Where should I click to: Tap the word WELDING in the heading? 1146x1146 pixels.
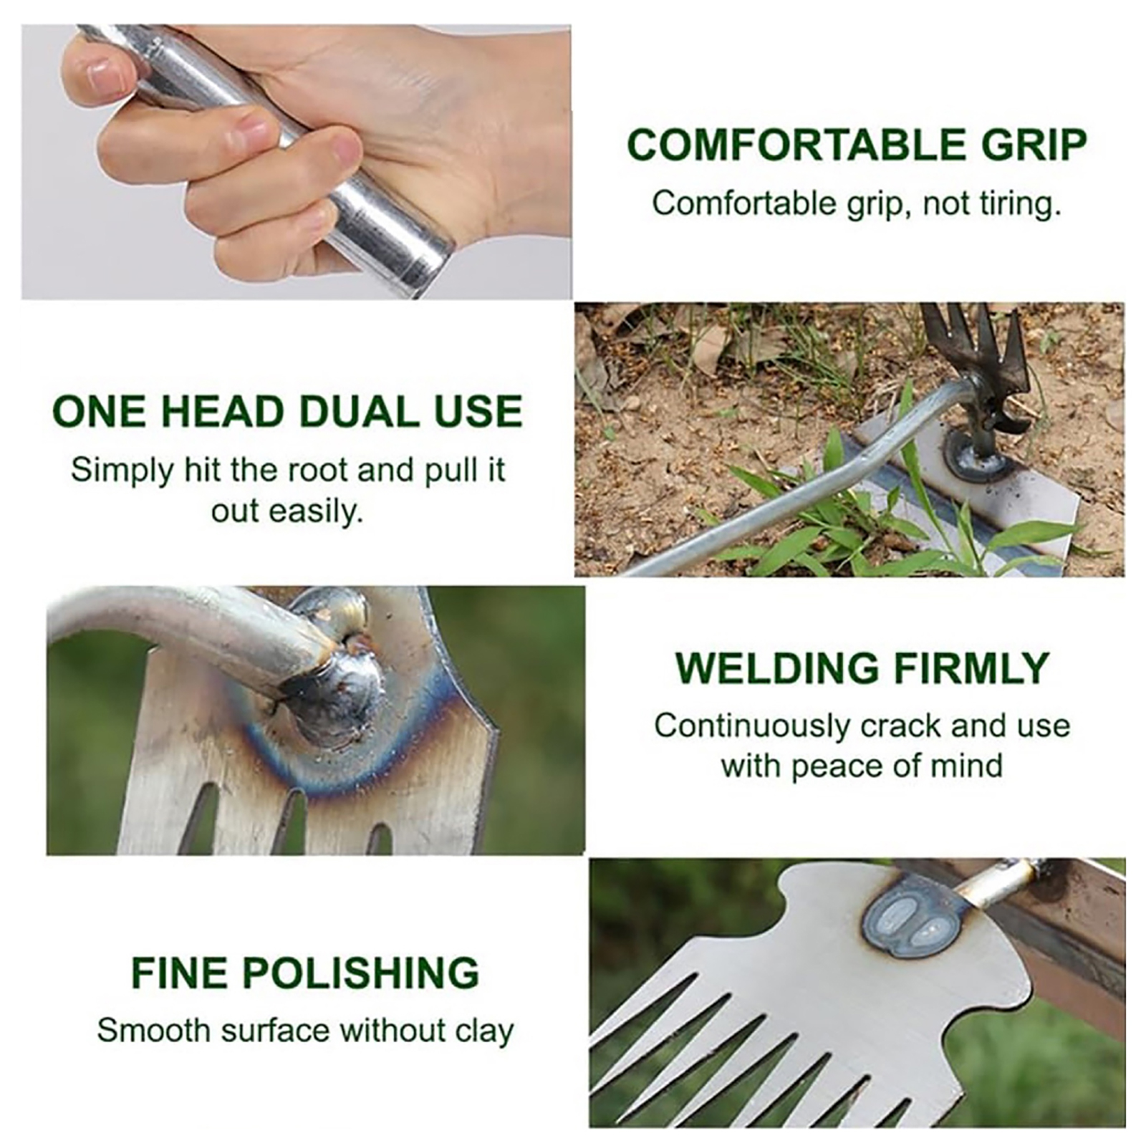(x=777, y=668)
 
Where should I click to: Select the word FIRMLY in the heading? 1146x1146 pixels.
(x=971, y=668)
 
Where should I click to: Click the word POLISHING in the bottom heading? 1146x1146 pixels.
(x=360, y=973)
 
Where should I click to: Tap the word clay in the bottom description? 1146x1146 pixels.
(x=484, y=1031)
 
